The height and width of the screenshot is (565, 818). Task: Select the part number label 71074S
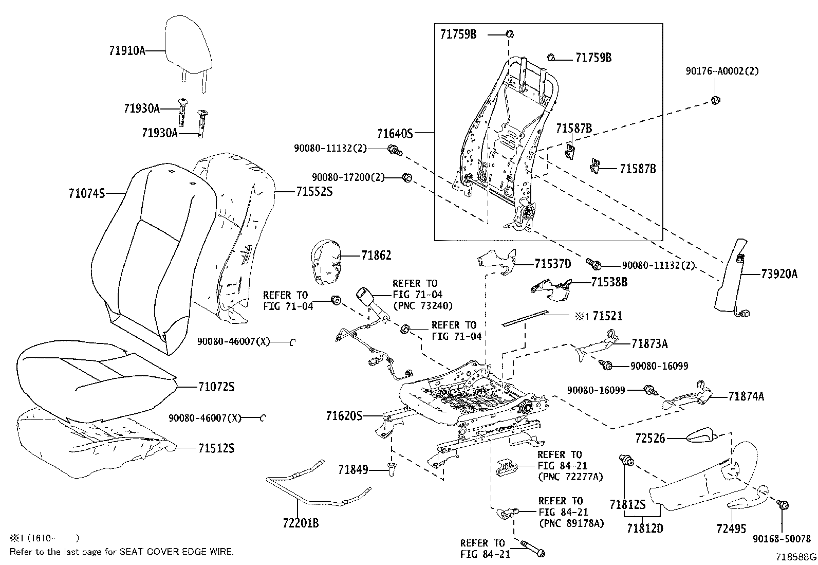click(86, 193)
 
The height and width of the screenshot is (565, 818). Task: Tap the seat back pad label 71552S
click(314, 192)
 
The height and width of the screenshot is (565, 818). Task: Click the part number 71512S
click(216, 448)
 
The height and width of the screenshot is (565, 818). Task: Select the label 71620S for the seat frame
click(345, 415)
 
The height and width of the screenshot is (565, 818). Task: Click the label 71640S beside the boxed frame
click(395, 134)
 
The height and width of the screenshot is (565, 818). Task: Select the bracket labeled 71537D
click(497, 260)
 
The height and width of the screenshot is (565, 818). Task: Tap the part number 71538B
click(609, 282)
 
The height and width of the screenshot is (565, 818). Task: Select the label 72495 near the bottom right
click(731, 528)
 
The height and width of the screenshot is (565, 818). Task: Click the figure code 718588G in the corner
click(795, 557)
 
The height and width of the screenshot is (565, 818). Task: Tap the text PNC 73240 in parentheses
click(422, 306)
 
